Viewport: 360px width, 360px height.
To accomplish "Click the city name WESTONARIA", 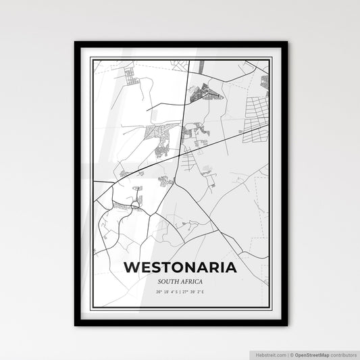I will (x=180, y=267).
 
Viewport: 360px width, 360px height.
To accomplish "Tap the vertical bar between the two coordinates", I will (x=180, y=292).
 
